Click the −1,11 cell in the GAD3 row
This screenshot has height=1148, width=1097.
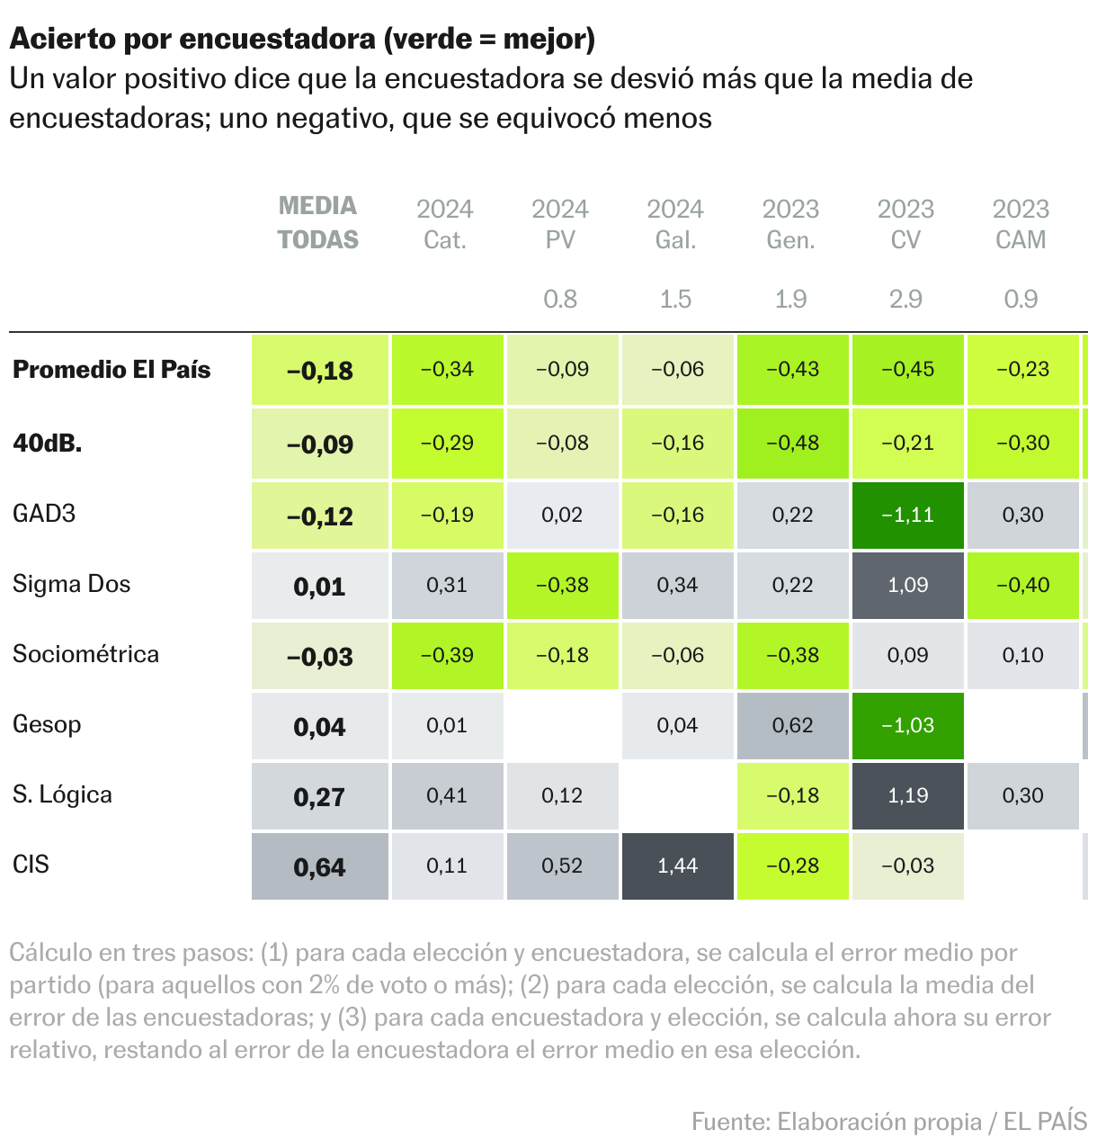(x=907, y=516)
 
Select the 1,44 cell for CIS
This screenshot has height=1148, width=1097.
(x=677, y=866)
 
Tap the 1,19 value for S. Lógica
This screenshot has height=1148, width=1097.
(x=907, y=796)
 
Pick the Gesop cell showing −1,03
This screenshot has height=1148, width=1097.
(x=907, y=726)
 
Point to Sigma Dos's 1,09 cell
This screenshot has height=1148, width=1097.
(x=907, y=586)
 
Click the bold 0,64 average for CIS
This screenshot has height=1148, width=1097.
(x=319, y=867)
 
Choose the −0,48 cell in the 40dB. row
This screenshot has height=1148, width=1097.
(x=792, y=444)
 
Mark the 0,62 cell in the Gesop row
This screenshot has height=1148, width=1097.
(x=792, y=726)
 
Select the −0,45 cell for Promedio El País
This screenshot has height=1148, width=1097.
(x=907, y=370)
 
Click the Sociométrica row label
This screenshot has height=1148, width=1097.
(x=85, y=654)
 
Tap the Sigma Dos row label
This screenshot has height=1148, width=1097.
(x=71, y=584)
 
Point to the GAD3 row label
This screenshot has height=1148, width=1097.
(x=44, y=514)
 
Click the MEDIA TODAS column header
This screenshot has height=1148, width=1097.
(x=317, y=223)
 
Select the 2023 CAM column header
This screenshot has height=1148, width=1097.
(x=1021, y=224)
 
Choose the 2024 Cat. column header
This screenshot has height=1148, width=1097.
(x=445, y=224)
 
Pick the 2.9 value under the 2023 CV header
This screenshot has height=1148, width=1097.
(x=905, y=299)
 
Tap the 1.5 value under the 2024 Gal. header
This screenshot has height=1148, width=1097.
(x=675, y=299)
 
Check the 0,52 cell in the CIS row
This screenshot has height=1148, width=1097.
(x=562, y=866)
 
